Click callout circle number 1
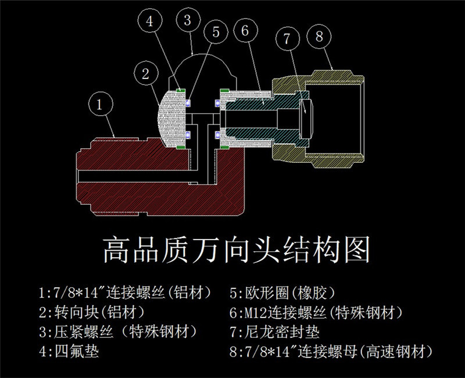click(x=99, y=105)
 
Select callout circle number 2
click(x=145, y=73)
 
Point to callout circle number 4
click(x=150, y=22)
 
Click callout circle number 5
click(x=216, y=33)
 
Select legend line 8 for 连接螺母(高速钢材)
click(x=332, y=351)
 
